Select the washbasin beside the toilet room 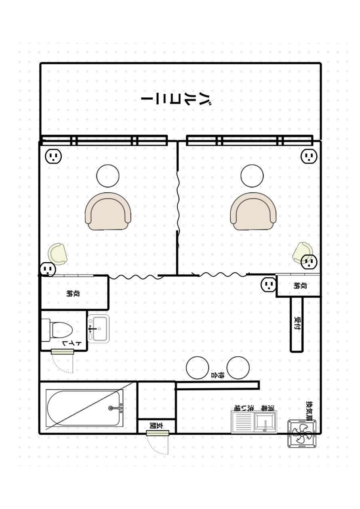[x=98, y=328]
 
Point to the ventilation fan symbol [x=302, y=433]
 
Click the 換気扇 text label [x=309, y=410]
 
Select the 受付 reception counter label [x=297, y=324]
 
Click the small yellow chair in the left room [x=57, y=254]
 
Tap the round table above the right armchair [x=252, y=176]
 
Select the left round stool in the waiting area [x=198, y=368]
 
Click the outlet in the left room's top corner [x=53, y=156]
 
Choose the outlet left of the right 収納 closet [x=269, y=284]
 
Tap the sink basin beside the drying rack [x=265, y=422]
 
